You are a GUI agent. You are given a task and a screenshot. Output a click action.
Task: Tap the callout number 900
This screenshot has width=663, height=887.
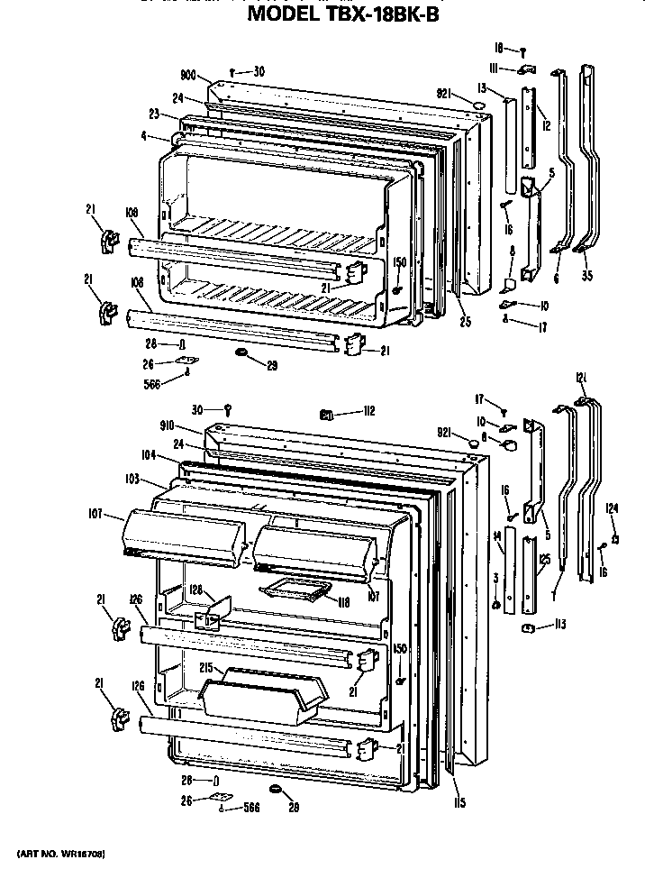coord(188,76)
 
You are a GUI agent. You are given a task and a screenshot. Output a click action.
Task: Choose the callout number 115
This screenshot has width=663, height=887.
coord(459,803)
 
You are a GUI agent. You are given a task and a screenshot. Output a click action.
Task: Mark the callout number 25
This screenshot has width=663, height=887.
coord(464,322)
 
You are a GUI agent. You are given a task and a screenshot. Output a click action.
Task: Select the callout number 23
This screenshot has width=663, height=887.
coord(154,114)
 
